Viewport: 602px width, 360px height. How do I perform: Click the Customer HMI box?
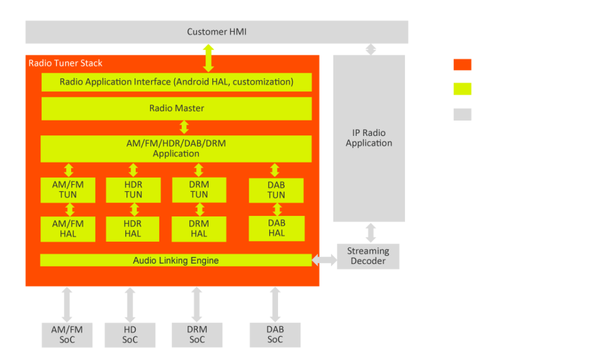click(x=216, y=32)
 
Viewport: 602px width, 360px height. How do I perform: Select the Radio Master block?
click(x=176, y=108)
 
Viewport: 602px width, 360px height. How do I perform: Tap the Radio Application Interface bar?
click(x=176, y=82)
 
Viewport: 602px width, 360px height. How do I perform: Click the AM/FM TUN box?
click(x=68, y=189)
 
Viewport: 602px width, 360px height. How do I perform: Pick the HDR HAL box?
click(x=133, y=228)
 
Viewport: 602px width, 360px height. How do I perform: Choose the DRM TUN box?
click(x=199, y=189)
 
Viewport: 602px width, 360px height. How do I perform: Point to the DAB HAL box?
click(x=276, y=228)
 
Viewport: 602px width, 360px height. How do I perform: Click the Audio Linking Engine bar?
click(x=176, y=260)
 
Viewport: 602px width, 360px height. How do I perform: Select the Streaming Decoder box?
click(x=368, y=256)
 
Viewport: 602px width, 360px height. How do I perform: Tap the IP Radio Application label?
click(x=369, y=138)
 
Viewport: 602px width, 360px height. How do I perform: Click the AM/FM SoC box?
click(x=67, y=335)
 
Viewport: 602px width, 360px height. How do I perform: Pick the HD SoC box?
click(x=130, y=335)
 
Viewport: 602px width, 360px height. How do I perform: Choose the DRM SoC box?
click(x=197, y=335)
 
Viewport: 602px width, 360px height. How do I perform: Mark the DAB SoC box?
click(x=275, y=335)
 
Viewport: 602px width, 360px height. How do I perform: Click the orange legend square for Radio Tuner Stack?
click(x=463, y=64)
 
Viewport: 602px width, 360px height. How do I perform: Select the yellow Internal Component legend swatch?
click(x=463, y=89)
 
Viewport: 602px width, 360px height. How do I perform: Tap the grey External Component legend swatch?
click(x=463, y=114)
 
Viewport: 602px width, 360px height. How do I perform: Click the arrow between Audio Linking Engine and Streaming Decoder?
click(x=324, y=259)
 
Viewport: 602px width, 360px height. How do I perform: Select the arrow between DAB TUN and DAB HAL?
click(x=275, y=209)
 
